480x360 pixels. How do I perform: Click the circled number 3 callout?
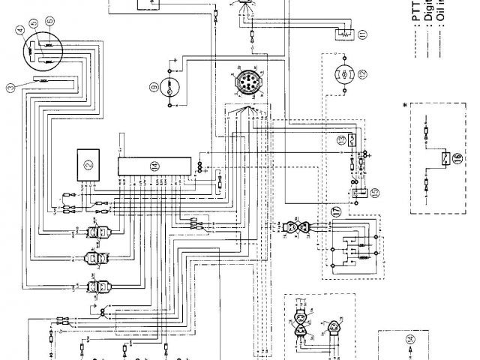(10, 88)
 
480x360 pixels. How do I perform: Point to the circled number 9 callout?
(154, 88)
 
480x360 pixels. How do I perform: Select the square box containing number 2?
(86, 163)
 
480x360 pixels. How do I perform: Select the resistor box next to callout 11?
(343, 32)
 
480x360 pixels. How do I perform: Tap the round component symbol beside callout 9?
(172, 88)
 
